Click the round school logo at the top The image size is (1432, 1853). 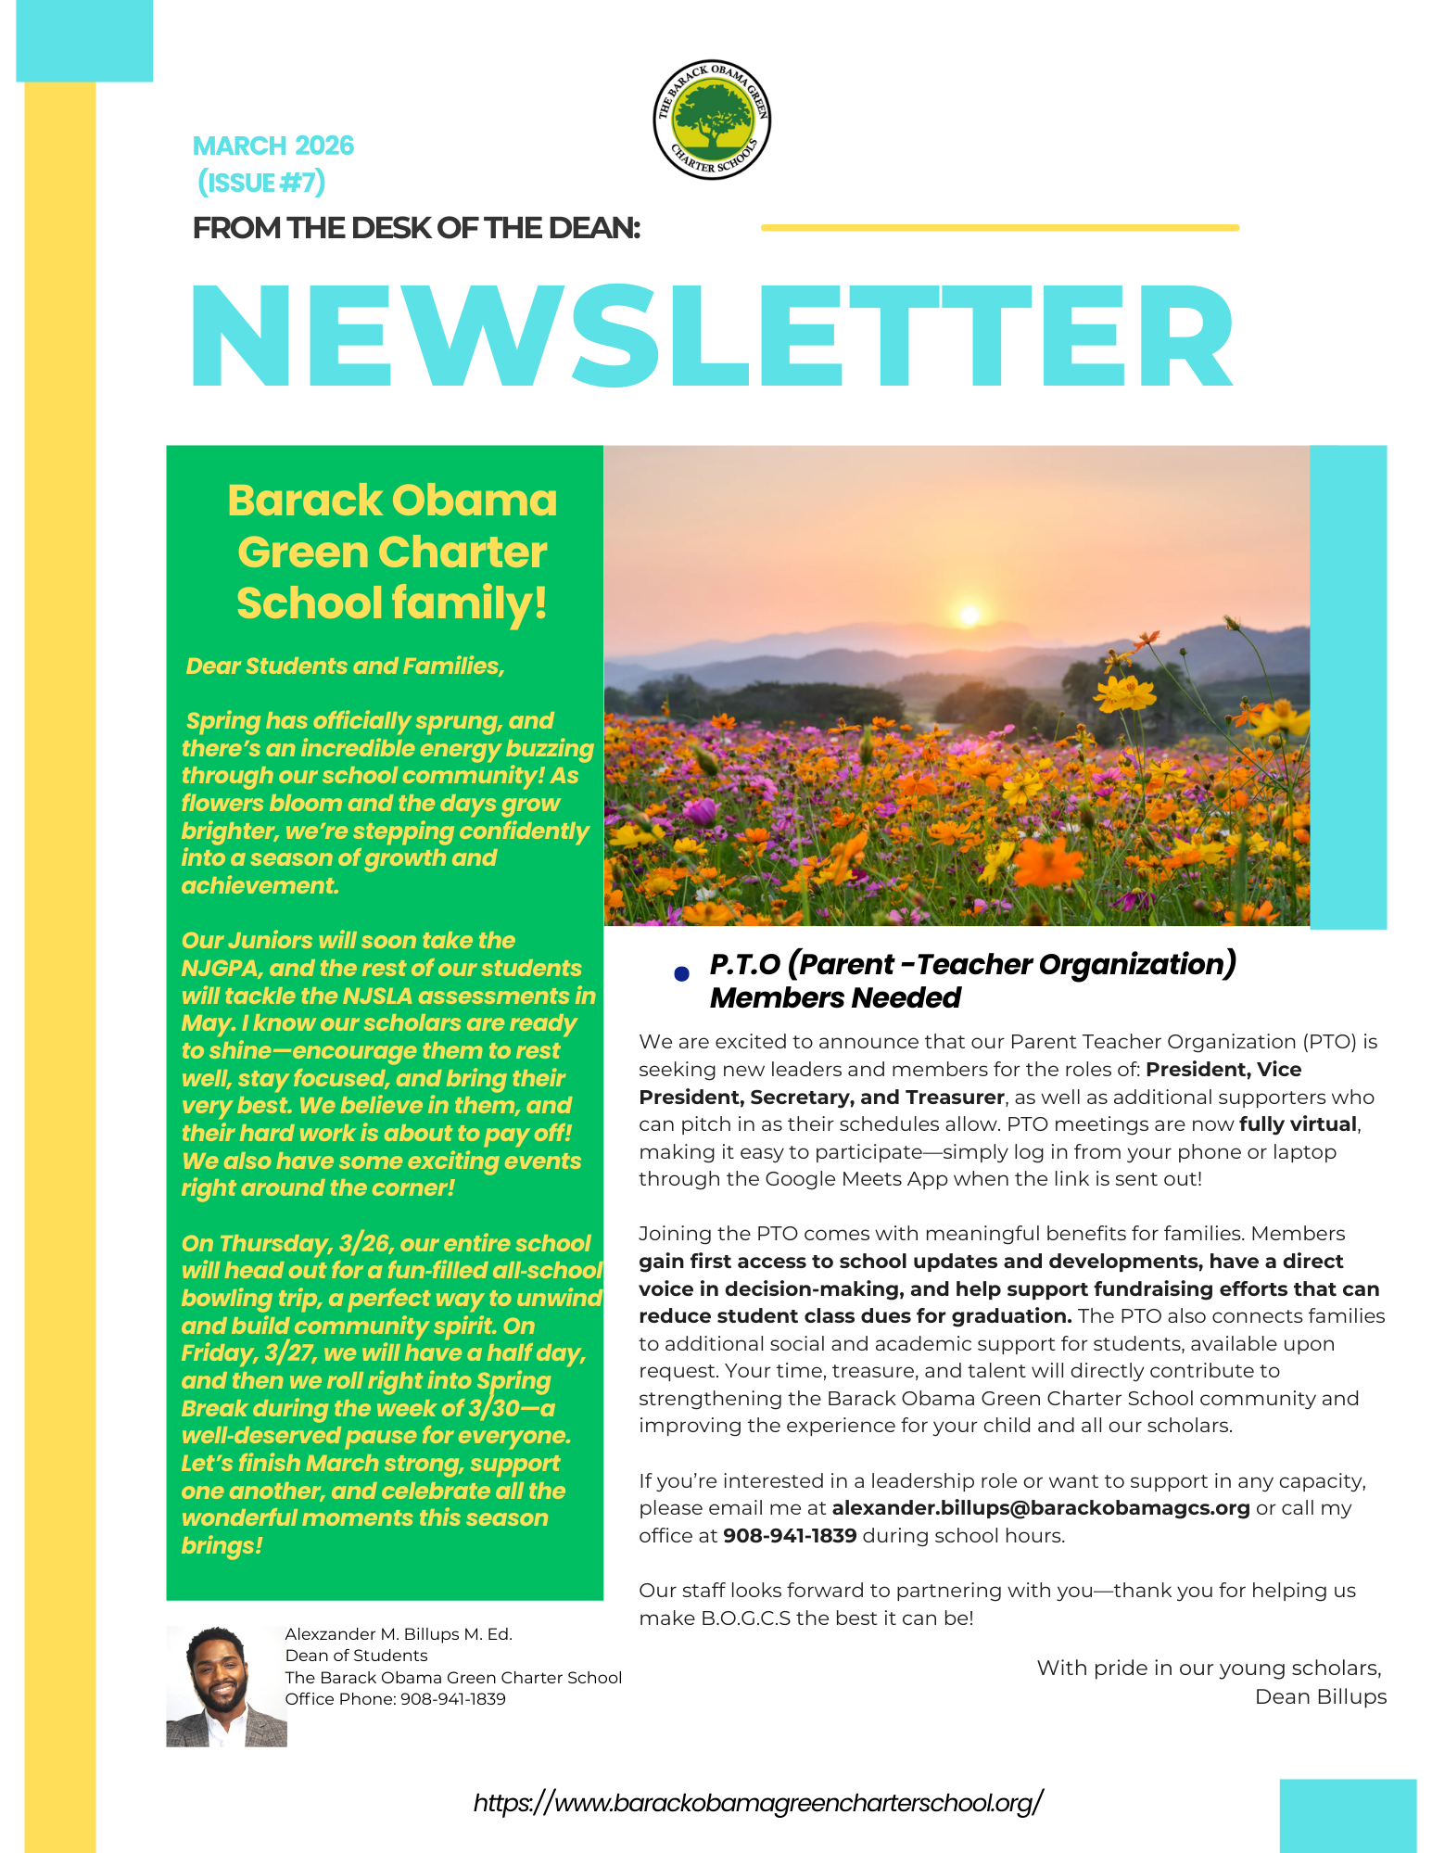point(712,121)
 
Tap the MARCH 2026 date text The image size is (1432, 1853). point(273,146)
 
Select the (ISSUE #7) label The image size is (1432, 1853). point(261,183)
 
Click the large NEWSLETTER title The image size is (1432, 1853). point(712,336)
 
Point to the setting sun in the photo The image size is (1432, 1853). point(969,614)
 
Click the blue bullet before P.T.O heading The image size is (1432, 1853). point(681,973)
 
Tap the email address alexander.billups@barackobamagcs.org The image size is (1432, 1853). point(1040,1508)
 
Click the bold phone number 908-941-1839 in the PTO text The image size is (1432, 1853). point(790,1536)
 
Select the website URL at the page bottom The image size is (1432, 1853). point(758,1803)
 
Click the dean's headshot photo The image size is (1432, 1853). point(226,1686)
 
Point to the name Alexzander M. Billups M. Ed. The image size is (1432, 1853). point(399,1634)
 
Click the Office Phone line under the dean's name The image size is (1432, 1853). point(396,1699)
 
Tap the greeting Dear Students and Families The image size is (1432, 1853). point(345,666)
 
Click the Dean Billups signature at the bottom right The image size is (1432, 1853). point(1320,1697)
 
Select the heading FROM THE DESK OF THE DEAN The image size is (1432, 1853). point(416,228)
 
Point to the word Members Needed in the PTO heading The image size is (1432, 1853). point(835,998)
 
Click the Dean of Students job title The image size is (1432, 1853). point(357,1656)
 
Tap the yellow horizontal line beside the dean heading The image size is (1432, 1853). point(999,227)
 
